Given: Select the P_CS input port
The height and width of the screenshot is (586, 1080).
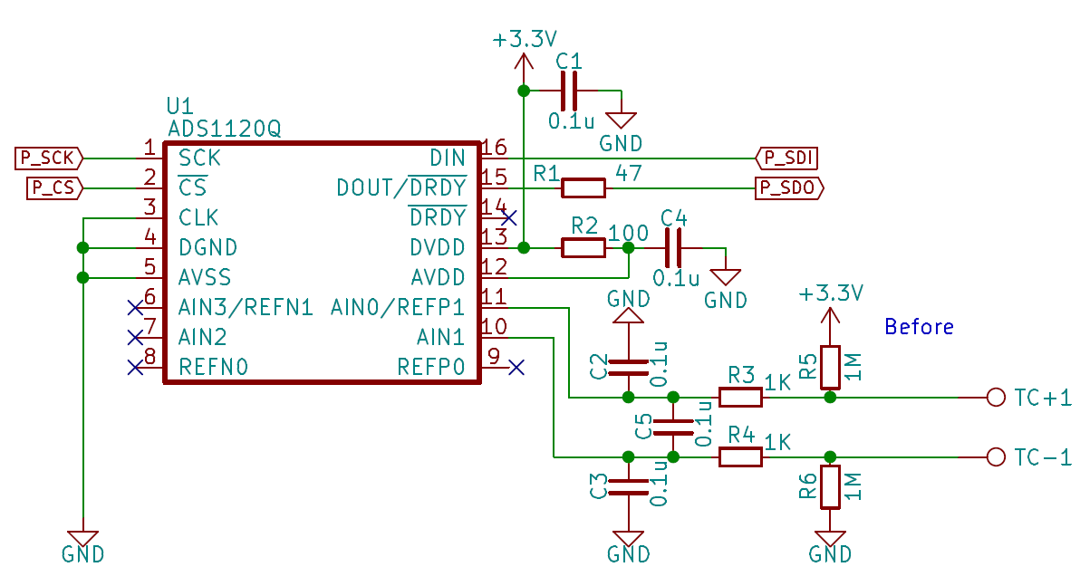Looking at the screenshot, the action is click(x=54, y=188).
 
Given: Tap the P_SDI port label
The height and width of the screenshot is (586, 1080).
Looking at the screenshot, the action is click(x=787, y=159).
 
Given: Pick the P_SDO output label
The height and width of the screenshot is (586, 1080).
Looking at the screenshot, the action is click(x=789, y=188).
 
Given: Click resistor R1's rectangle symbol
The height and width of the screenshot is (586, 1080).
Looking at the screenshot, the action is click(x=583, y=188).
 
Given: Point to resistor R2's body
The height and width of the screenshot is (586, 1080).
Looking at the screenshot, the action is click(x=583, y=248).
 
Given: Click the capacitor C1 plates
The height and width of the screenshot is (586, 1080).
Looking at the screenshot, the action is click(x=569, y=91).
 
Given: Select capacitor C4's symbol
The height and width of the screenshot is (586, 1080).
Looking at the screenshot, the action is click(x=673, y=248).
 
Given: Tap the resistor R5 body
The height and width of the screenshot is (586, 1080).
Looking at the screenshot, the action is click(x=830, y=367).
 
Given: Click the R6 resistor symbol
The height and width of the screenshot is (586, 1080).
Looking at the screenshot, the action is click(x=830, y=487).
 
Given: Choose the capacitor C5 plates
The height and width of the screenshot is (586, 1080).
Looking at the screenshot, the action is click(x=673, y=427).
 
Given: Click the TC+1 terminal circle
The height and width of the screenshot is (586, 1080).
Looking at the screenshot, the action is click(x=996, y=398).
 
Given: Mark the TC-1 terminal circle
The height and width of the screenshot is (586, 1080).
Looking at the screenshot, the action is click(x=996, y=457).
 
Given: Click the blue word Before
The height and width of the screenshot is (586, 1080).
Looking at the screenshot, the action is click(x=919, y=326).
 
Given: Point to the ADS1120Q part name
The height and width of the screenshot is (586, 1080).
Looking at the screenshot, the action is click(x=225, y=129).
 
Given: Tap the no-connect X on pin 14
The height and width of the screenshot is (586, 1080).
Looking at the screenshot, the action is click(x=509, y=218).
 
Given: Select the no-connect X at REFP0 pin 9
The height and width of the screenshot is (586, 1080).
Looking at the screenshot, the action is click(x=516, y=368).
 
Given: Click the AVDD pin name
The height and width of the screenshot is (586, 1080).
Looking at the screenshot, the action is click(x=438, y=277).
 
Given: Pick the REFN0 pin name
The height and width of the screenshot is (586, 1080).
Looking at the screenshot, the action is click(x=213, y=367).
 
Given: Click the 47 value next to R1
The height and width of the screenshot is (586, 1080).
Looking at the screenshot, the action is click(x=629, y=173).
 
